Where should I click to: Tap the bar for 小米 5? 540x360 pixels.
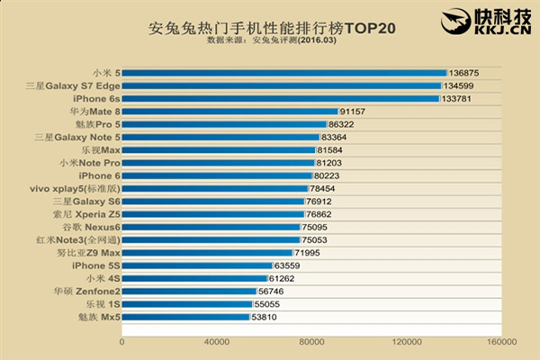click(283, 73)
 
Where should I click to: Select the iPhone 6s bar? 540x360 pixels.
click(280, 98)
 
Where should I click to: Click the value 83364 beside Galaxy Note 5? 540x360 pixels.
click(335, 137)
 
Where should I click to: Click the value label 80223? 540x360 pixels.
click(330, 175)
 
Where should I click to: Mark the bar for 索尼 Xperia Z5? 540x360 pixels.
click(212, 214)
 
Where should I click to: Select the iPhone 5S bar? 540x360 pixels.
click(196, 265)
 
